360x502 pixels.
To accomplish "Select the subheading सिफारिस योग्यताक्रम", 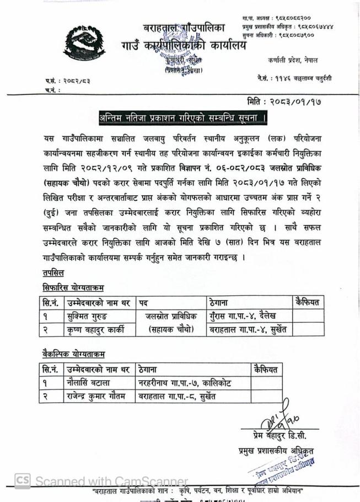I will [x=73, y=287].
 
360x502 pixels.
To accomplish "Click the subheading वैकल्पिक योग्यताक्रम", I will [x=73, y=353].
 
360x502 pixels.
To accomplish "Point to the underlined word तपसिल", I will [x=53, y=273].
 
